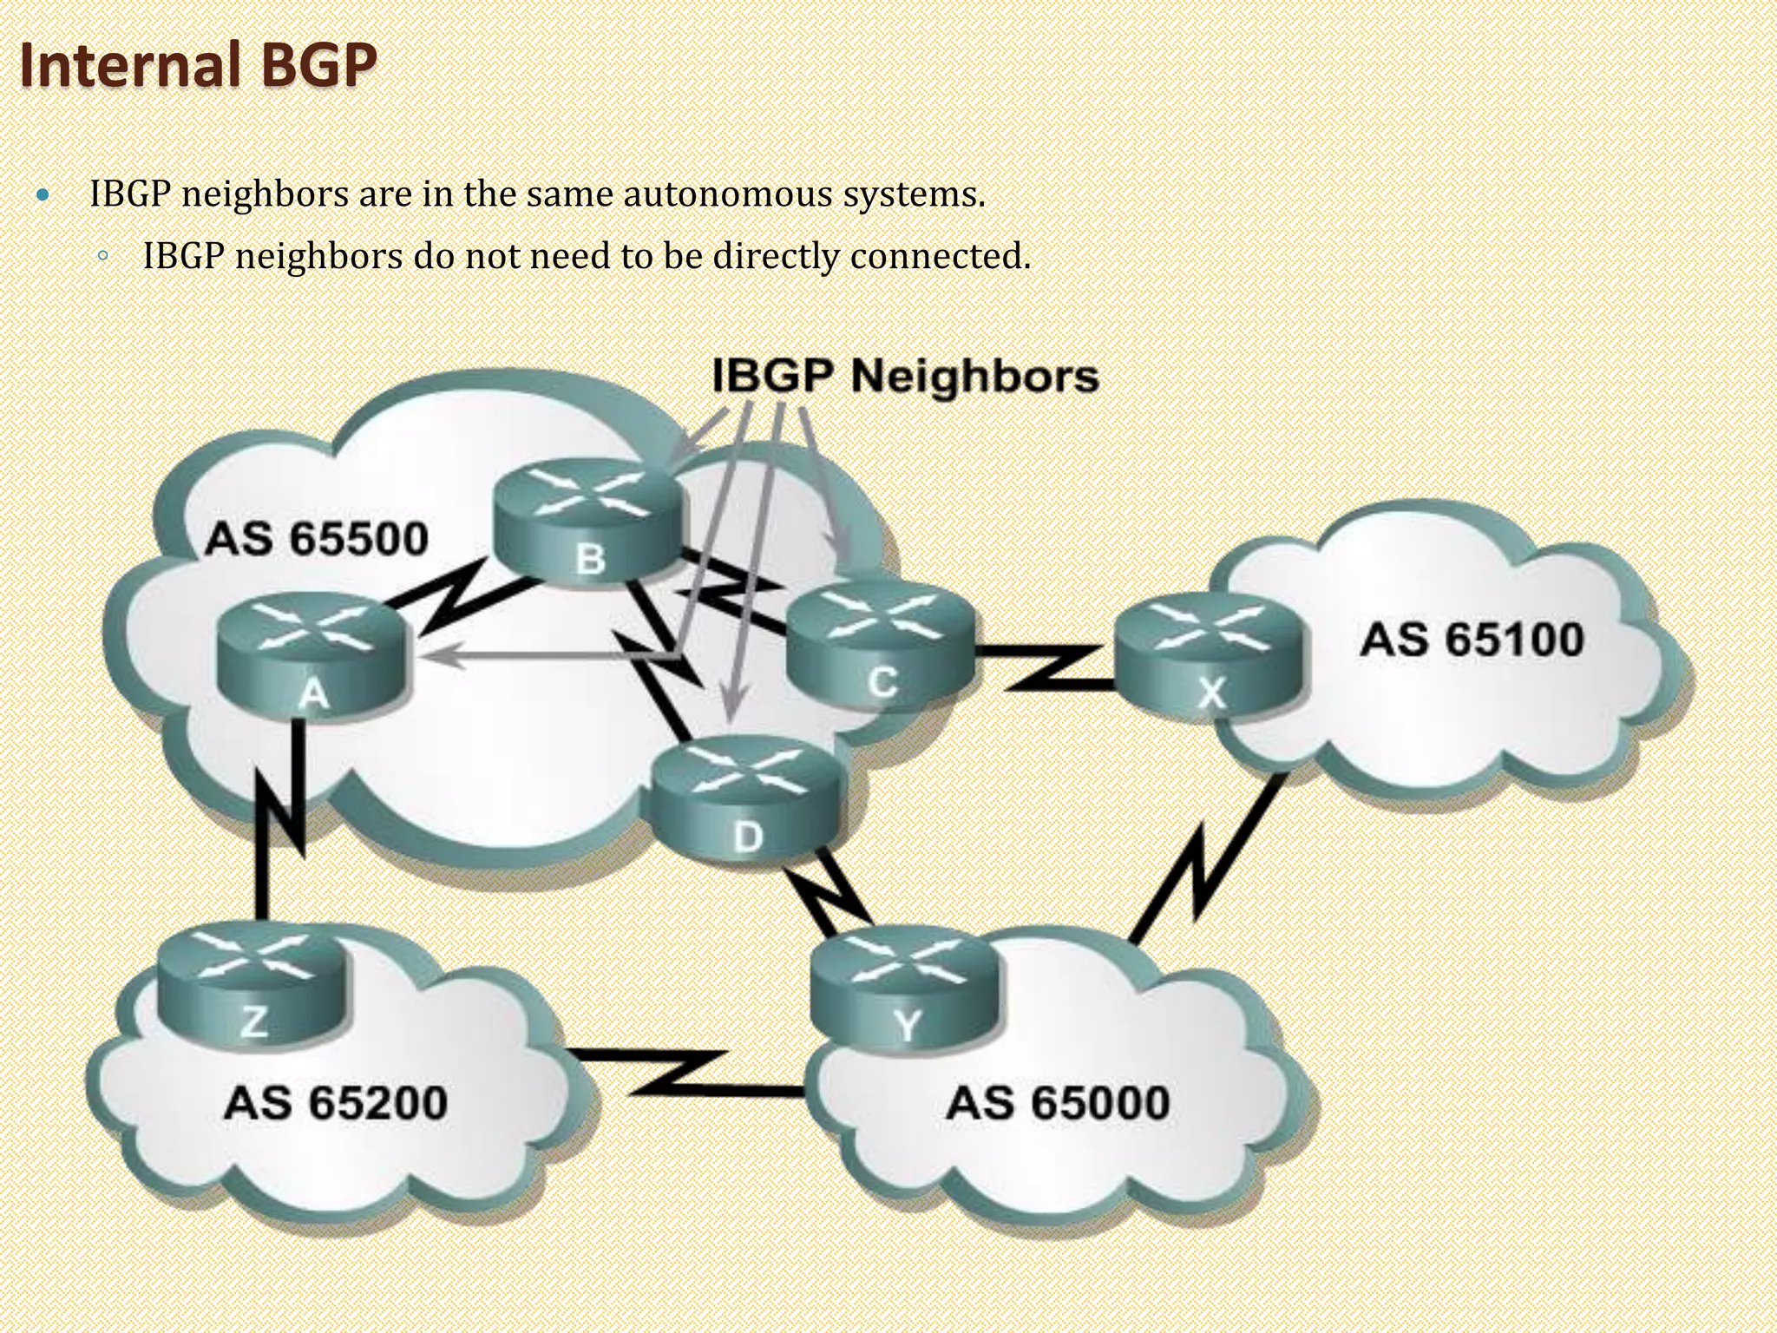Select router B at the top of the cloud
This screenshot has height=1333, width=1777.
(x=587, y=520)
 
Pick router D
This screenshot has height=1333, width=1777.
(x=746, y=798)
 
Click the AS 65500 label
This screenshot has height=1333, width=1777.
(x=317, y=539)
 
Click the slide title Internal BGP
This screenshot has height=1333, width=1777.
(x=198, y=66)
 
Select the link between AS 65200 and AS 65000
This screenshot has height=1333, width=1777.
(x=685, y=1074)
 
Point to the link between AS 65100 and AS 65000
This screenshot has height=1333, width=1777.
(x=1206, y=859)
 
